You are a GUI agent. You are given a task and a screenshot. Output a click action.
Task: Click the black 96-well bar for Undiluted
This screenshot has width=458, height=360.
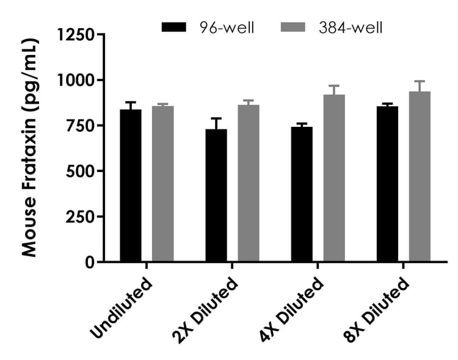pyautogui.click(x=131, y=186)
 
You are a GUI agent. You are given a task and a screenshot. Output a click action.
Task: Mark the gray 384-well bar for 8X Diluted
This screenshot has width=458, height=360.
pyautogui.click(x=420, y=177)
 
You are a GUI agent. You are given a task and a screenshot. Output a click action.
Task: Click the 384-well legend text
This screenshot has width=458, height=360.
pyautogui.click(x=351, y=27)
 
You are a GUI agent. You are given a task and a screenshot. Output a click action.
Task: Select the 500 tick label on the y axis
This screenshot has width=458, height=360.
pyautogui.click(x=81, y=171)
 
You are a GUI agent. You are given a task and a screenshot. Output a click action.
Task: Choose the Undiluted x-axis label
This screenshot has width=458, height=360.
pyautogui.click(x=121, y=309)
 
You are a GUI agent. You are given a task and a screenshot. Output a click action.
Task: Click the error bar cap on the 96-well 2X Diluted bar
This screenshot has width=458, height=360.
pyautogui.click(x=216, y=118)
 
